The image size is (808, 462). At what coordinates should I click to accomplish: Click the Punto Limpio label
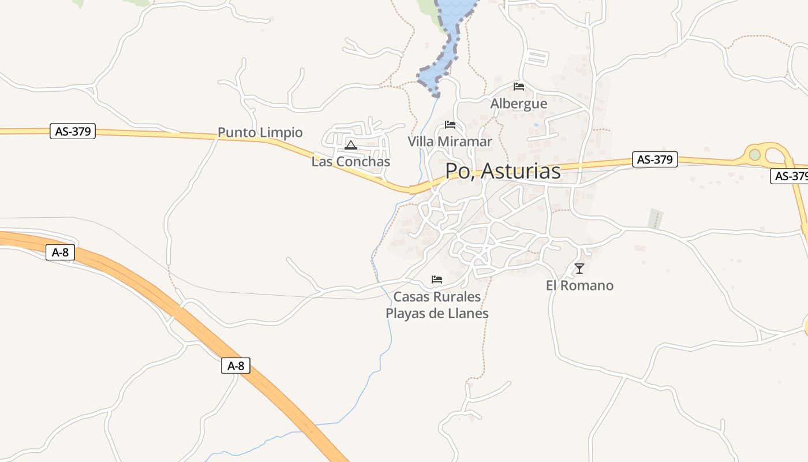coord(260,132)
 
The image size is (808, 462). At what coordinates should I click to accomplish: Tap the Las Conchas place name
coord(351,162)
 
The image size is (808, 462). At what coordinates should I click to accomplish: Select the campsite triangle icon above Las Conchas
coord(350,145)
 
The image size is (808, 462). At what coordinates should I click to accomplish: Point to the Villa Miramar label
coord(450,141)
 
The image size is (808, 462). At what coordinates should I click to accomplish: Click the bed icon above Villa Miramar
coord(450,125)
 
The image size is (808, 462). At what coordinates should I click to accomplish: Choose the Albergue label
coord(519,104)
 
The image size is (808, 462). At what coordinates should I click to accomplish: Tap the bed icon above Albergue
coord(519,87)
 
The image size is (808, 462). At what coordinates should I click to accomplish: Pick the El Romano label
coord(579,285)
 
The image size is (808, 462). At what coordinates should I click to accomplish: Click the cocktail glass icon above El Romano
coord(579,269)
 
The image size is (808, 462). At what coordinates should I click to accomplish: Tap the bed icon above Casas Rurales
coord(437,280)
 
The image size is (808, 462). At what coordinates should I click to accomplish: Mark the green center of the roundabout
coord(755,155)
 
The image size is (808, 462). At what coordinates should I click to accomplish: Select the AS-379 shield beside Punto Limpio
coord(73,132)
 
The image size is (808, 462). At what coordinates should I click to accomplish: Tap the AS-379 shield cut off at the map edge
coord(789,176)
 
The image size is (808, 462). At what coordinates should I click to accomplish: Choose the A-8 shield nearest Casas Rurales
coord(235,366)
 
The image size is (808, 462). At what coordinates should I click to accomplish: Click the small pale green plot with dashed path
coord(655,219)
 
